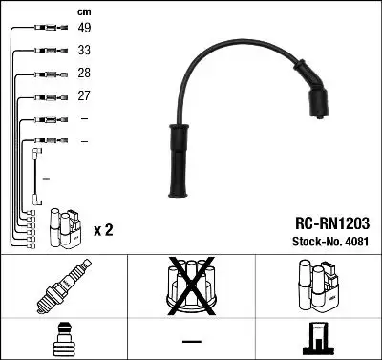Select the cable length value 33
coord(84,51)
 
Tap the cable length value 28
coord(84,74)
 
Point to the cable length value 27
coord(84,96)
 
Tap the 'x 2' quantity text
coord(103,230)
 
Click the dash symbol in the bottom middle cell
coord(190,341)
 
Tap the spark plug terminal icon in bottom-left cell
coord(61,340)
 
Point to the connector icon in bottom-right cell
coord(319,340)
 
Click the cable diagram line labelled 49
coord(43,28)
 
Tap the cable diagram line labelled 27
coord(43,96)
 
